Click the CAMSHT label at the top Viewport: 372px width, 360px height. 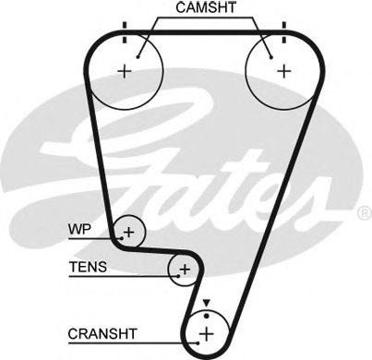(206, 7)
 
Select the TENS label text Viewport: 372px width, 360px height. (89, 267)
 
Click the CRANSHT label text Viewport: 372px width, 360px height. (102, 334)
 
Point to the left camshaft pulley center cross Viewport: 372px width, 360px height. (125, 71)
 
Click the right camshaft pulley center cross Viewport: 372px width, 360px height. (284, 71)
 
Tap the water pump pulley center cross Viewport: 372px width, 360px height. (129, 232)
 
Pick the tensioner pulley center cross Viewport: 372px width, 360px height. (185, 270)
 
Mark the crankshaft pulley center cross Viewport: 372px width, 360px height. (207, 333)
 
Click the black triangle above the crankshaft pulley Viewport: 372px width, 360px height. (207, 303)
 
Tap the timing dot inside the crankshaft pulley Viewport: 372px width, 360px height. (207, 316)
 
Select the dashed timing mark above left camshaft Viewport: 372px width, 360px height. (125, 32)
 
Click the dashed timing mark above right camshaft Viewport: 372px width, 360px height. (284, 32)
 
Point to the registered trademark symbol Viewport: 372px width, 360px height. (366, 213)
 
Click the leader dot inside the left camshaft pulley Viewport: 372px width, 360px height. (138, 57)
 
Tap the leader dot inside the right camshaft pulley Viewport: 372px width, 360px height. (271, 57)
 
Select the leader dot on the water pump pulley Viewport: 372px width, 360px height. (122, 238)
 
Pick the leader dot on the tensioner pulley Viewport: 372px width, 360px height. (178, 276)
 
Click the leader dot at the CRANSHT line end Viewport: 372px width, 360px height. (198, 342)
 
